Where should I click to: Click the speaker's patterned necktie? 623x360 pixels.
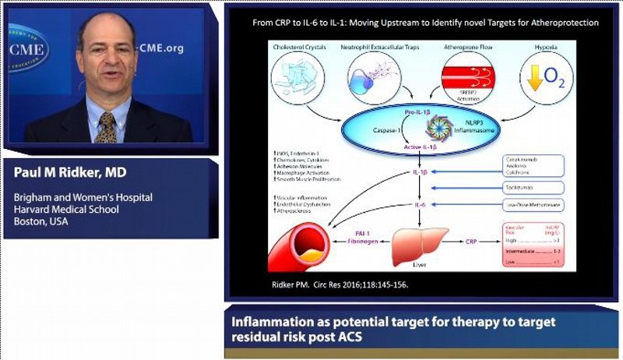(106, 126)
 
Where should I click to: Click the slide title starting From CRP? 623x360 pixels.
(425, 23)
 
